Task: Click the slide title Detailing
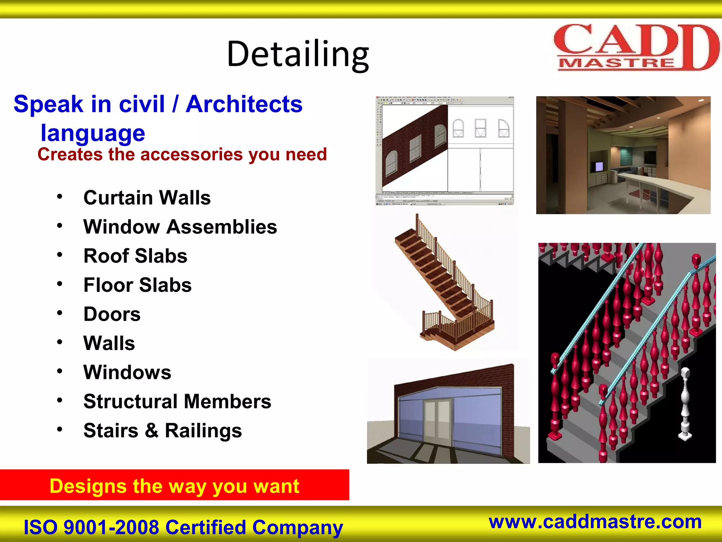pyautogui.click(x=298, y=54)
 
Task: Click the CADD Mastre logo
pyautogui.click(x=635, y=48)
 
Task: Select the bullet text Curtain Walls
pyautogui.click(x=147, y=198)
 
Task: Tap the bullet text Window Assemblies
pyautogui.click(x=180, y=227)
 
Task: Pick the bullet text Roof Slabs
pyautogui.click(x=135, y=256)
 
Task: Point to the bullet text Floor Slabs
pyautogui.click(x=137, y=285)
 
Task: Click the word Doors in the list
pyautogui.click(x=112, y=314)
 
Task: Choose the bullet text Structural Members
pyautogui.click(x=177, y=402)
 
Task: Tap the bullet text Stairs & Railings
pyautogui.click(x=163, y=430)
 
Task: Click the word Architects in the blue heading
pyautogui.click(x=244, y=104)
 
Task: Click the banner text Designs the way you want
pyautogui.click(x=175, y=486)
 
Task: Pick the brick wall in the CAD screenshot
pyautogui.click(x=414, y=148)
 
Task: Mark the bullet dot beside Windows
pyautogui.click(x=60, y=371)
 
